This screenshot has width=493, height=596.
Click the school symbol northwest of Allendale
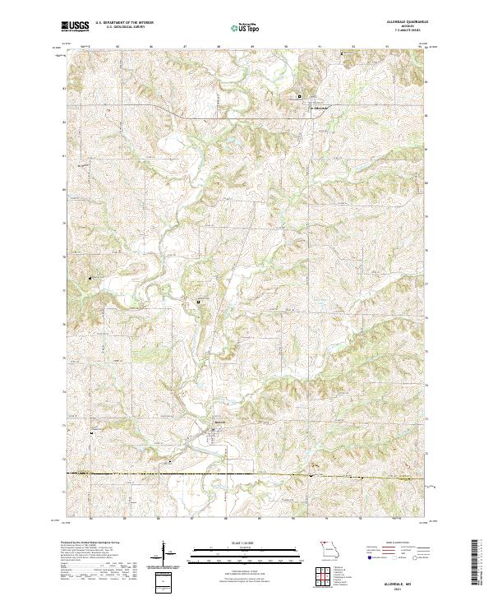[299, 96]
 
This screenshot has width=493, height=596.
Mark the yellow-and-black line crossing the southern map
[246, 474]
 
